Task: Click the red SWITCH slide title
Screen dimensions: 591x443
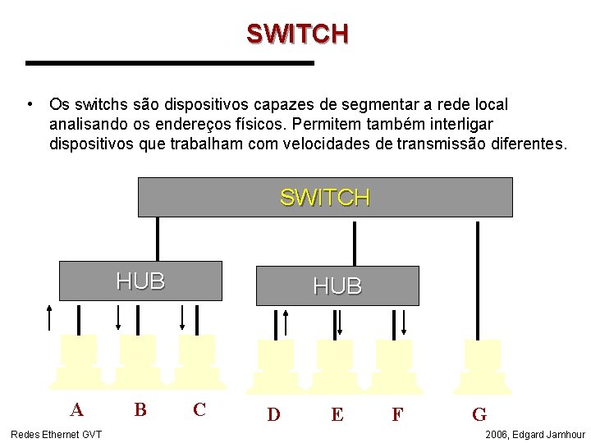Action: tap(297, 34)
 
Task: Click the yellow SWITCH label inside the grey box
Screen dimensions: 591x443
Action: tap(325, 198)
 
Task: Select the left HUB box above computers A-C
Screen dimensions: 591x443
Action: tap(140, 281)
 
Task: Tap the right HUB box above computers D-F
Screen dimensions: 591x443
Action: tap(337, 285)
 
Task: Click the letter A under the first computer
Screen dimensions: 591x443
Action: tap(76, 409)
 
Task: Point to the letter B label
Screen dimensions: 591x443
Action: tap(140, 409)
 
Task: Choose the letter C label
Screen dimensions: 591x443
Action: tap(199, 409)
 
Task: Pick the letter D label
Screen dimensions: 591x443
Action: tap(274, 414)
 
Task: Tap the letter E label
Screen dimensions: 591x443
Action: tap(337, 414)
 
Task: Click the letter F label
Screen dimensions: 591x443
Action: tap(397, 414)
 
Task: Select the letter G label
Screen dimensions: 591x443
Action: tap(479, 414)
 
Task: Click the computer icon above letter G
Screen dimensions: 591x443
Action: tap(483, 366)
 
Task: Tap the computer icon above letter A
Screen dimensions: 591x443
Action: tap(79, 361)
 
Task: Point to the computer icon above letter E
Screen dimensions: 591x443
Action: tap(335, 366)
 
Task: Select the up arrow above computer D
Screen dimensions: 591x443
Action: tap(286, 322)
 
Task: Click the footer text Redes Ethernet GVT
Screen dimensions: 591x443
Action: tap(56, 434)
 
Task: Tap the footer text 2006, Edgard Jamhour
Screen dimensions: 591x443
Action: tap(535, 434)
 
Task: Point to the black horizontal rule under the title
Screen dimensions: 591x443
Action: tap(170, 62)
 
